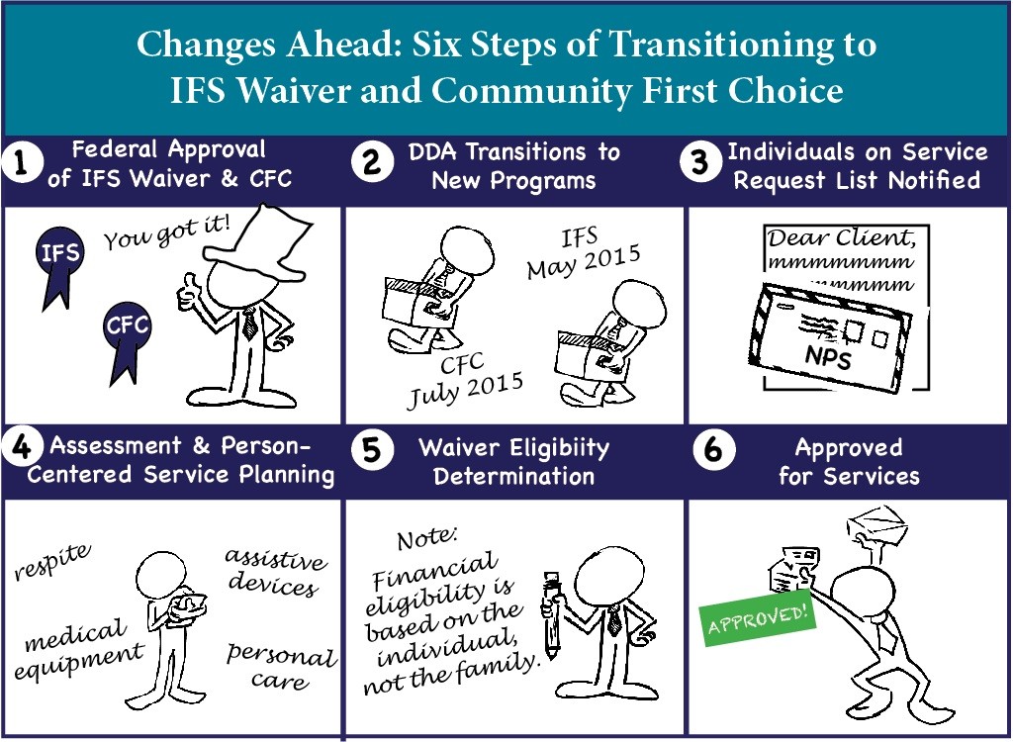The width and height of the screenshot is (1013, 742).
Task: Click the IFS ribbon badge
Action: (x=58, y=258)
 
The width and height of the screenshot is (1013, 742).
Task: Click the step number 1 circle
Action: (x=22, y=162)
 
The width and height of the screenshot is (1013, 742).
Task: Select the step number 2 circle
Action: (x=372, y=161)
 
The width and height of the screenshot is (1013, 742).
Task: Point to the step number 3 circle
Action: (x=700, y=161)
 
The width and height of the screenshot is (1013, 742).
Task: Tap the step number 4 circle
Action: (x=22, y=446)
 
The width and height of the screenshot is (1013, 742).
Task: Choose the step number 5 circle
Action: (x=372, y=450)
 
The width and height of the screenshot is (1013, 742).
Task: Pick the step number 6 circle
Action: (x=713, y=450)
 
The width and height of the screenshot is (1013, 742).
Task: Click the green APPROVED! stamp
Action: (x=758, y=616)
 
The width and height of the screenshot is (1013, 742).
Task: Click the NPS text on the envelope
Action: (x=828, y=356)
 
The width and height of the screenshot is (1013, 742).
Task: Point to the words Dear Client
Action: (x=842, y=238)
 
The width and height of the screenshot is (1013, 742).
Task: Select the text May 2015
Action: (x=584, y=261)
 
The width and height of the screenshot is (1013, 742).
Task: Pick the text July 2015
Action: (x=465, y=391)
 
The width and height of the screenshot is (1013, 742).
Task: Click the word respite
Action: (x=52, y=561)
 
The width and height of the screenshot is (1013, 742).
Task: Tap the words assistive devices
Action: (x=275, y=573)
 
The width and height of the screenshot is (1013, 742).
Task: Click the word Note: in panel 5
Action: (x=427, y=538)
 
